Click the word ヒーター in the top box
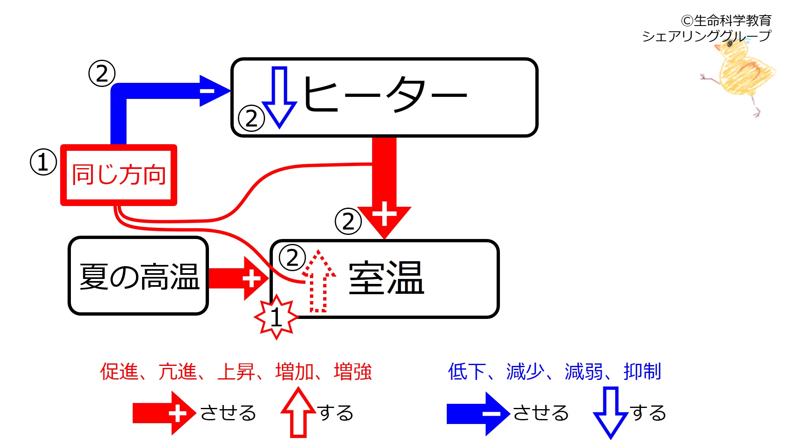coord(385,94)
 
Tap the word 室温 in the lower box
coord(386,278)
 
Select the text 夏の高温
coord(139,276)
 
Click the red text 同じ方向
coord(119,174)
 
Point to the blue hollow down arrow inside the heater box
coord(279,97)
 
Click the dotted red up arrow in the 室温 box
coord(319,281)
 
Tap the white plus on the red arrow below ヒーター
coord(384,213)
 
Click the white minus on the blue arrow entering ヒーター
coord(207,91)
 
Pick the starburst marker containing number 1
coord(276,317)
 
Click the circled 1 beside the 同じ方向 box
coord(43,162)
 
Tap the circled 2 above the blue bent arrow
coord(102,73)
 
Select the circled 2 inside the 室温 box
coord(292,258)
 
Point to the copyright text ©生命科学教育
coord(726,20)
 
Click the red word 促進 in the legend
coord(119,371)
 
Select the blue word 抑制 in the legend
coord(642,371)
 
